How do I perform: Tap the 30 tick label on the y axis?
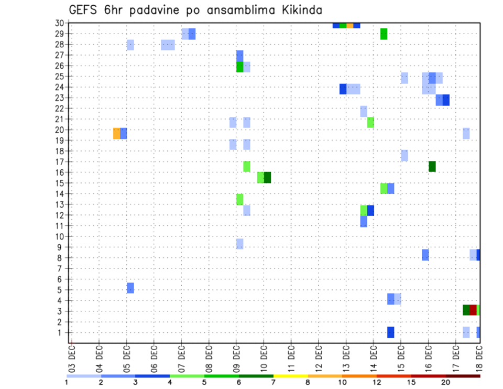click(59, 23)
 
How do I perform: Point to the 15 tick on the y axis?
click(59, 183)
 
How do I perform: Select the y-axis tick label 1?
click(61, 332)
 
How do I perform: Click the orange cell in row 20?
click(116, 133)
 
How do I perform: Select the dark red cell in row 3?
click(473, 310)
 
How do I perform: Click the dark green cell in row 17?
click(432, 166)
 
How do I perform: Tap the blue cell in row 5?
click(130, 288)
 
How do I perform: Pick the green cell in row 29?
click(384, 34)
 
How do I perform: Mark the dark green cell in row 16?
click(267, 177)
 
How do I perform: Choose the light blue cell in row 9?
click(239, 244)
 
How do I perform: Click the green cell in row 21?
click(370, 122)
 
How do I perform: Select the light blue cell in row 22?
click(364, 111)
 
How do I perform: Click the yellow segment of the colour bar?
click(291, 376)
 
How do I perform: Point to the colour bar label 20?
click(446, 383)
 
